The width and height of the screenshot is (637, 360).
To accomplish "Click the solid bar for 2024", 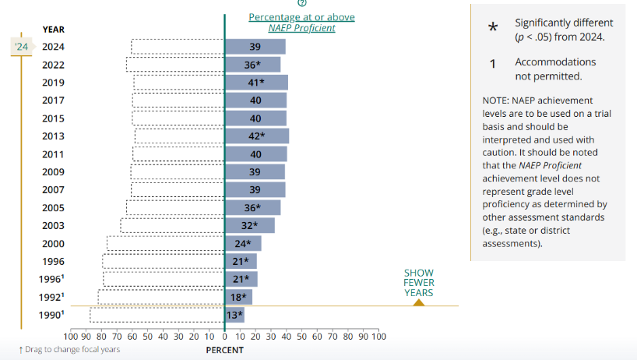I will pyautogui.click(x=255, y=47).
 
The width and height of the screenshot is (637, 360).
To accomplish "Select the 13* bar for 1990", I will pyautogui.click(x=234, y=315).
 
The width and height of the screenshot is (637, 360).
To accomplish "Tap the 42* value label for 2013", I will pyautogui.click(x=254, y=136).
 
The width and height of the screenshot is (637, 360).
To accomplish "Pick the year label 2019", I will pyautogui.click(x=54, y=83).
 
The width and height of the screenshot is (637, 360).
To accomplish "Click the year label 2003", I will pyautogui.click(x=54, y=226).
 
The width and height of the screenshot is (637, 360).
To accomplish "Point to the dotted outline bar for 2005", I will pyautogui.click(x=175, y=208).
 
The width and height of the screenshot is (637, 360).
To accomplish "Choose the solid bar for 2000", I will pyautogui.click(x=242, y=244).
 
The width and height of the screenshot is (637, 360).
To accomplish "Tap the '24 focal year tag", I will pyautogui.click(x=22, y=47).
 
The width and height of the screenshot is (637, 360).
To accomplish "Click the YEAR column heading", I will pyautogui.click(x=54, y=30).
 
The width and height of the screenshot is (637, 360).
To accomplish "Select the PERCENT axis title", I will pyautogui.click(x=224, y=350).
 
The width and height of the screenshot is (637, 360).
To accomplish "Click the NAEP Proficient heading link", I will pyautogui.click(x=301, y=23).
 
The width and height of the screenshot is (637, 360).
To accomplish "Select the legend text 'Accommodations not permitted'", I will pyautogui.click(x=555, y=69).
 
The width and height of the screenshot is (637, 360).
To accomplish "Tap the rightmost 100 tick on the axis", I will pyautogui.click(x=378, y=337).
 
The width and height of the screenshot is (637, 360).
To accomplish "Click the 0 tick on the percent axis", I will pyautogui.click(x=224, y=337).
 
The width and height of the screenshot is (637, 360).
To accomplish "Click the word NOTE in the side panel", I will pyautogui.click(x=495, y=101).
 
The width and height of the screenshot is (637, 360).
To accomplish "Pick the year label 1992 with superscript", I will pyautogui.click(x=52, y=297).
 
